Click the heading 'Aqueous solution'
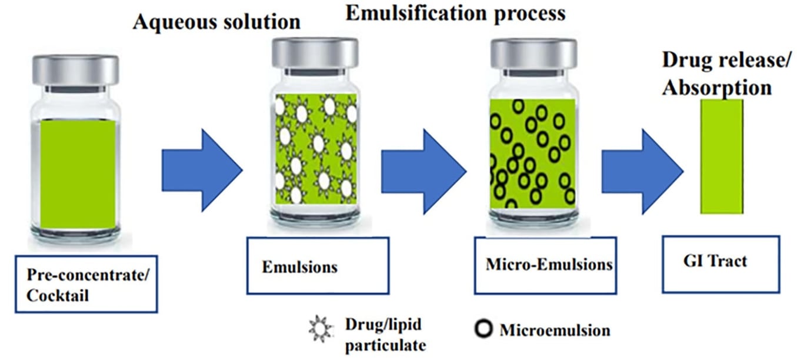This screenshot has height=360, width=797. pyautogui.click(x=216, y=22)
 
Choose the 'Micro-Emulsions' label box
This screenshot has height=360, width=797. pyautogui.click(x=545, y=265)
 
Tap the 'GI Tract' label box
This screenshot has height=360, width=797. pyautogui.click(x=721, y=264)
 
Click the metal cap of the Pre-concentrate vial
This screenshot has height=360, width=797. pyautogui.click(x=76, y=70)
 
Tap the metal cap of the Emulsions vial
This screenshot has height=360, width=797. pyautogui.click(x=315, y=53)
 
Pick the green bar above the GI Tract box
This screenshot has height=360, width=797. pyautogui.click(x=722, y=156)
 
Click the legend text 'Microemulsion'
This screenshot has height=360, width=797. pyautogui.click(x=555, y=330)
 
